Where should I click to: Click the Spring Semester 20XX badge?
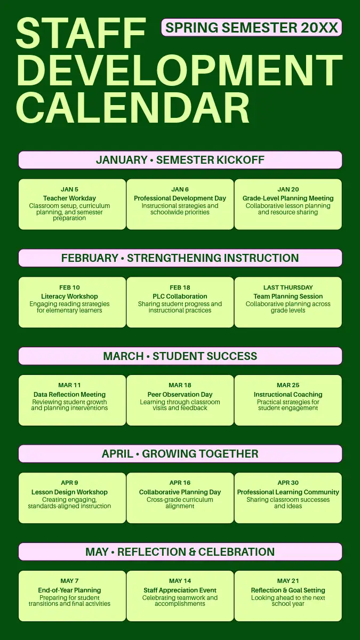click(251, 27)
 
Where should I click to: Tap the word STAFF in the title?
click(81, 34)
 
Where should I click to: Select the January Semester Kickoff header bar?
click(180, 159)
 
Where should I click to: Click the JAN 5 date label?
click(69, 189)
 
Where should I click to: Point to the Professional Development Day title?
click(180, 198)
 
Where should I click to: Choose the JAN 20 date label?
click(288, 189)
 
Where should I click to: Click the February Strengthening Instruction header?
click(180, 258)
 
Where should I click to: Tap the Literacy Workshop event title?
click(69, 297)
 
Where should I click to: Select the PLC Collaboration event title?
click(180, 297)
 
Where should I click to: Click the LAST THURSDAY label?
click(288, 287)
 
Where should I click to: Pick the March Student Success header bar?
click(180, 356)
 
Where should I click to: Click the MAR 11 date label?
click(69, 385)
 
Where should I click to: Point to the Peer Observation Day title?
click(180, 394)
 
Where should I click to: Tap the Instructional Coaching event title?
click(288, 394)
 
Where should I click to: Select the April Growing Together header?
click(180, 454)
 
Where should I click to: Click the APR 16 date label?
click(180, 483)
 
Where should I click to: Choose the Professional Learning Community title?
click(288, 492)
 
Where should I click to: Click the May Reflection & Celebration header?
click(180, 551)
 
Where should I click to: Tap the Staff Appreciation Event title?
click(180, 590)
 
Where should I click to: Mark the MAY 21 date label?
click(288, 581)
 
